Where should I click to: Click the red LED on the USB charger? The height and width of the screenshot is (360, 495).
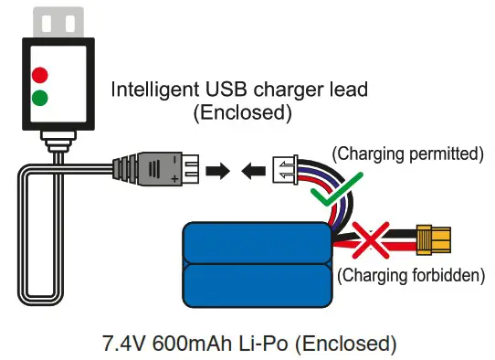(x=39, y=74)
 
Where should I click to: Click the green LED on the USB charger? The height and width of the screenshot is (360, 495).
(x=39, y=97)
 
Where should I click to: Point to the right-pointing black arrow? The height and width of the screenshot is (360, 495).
(x=219, y=170)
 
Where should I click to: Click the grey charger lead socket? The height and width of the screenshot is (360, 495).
(x=155, y=170)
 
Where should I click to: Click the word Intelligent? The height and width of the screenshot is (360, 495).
(x=154, y=90)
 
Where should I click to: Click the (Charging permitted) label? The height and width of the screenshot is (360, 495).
(x=406, y=153)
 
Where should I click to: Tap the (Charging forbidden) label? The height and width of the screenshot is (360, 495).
(x=410, y=273)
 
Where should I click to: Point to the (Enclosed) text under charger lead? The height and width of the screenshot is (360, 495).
(x=242, y=113)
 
